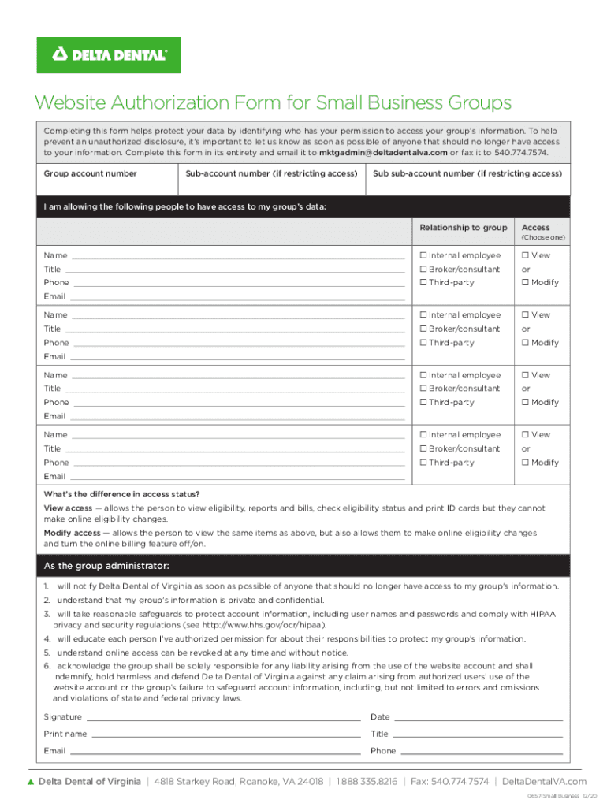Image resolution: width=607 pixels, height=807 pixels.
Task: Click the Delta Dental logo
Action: [109, 55]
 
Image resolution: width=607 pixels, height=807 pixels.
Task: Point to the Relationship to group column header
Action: [463, 228]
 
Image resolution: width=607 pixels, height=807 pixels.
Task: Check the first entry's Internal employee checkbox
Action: [423, 255]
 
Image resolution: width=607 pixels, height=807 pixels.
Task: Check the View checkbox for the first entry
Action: [524, 255]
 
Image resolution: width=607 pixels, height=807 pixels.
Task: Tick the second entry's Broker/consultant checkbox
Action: [423, 329]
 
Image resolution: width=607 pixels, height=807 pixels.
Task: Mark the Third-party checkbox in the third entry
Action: [423, 403]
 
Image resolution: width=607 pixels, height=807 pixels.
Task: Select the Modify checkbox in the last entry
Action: [524, 463]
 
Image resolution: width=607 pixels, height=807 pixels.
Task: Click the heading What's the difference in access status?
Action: [121, 494]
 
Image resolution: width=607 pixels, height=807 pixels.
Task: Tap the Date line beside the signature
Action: [478, 717]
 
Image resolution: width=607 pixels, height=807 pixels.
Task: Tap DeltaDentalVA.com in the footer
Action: [544, 782]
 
